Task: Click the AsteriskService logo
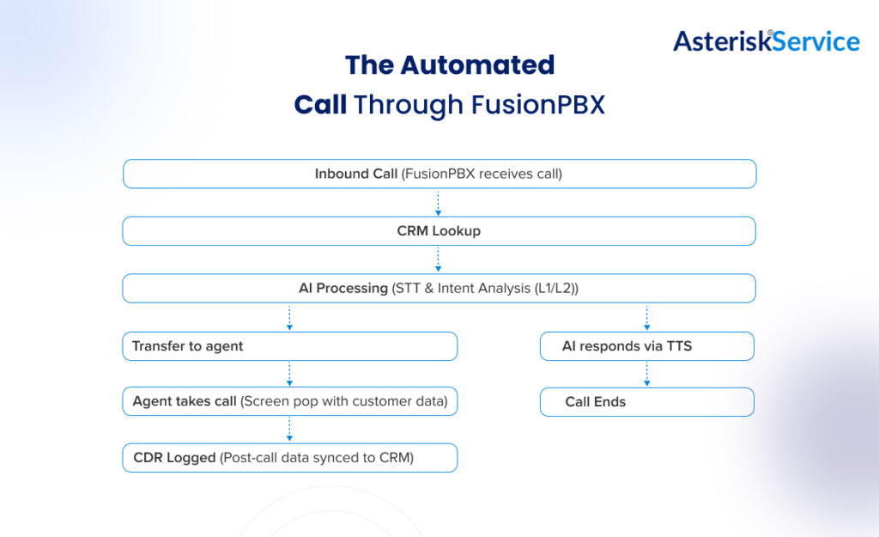[x=766, y=40]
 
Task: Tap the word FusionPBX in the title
[x=537, y=104]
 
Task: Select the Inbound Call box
[x=439, y=174]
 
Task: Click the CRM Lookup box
[x=439, y=231]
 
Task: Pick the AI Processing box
[x=439, y=289]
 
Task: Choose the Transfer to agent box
[x=289, y=346]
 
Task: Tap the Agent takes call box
[x=289, y=401]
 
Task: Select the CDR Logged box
[x=289, y=458]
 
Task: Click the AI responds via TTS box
[x=646, y=346]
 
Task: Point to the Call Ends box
[x=646, y=401]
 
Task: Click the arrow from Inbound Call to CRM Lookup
[x=439, y=202]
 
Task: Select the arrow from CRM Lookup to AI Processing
[x=439, y=259]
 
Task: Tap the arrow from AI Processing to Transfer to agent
[x=289, y=317]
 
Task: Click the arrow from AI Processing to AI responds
[x=646, y=317]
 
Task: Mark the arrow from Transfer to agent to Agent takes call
[x=289, y=374]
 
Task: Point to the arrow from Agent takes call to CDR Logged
[x=289, y=430]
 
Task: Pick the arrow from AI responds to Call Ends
[x=646, y=374]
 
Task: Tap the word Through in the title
[x=408, y=104]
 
